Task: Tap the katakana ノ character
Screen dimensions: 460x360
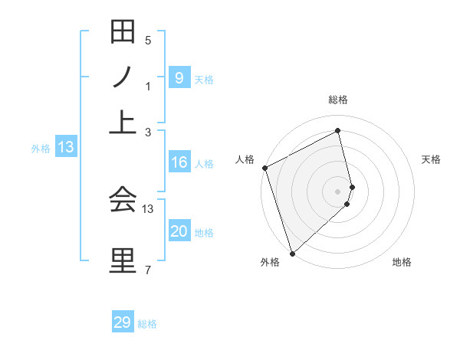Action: pos(123,78)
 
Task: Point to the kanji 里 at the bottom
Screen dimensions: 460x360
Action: pos(123,259)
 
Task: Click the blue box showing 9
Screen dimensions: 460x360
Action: pos(179,77)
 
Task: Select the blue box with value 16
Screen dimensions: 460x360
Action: pos(179,162)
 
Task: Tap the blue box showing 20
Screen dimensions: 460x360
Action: pos(179,232)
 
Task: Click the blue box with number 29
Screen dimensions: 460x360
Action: pos(123,322)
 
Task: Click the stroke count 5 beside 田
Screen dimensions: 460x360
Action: pos(148,40)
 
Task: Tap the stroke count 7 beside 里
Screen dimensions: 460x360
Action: pos(148,268)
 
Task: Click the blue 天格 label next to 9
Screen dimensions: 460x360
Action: pos(204,79)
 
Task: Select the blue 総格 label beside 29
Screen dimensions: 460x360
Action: pos(147,324)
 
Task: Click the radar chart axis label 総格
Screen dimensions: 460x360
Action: pos(337,100)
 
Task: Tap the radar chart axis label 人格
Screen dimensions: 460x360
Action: pos(245,159)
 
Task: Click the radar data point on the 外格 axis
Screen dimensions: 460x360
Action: pos(291,253)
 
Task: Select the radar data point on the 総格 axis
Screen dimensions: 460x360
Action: pos(337,130)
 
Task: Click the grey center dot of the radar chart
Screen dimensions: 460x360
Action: pos(337,190)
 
